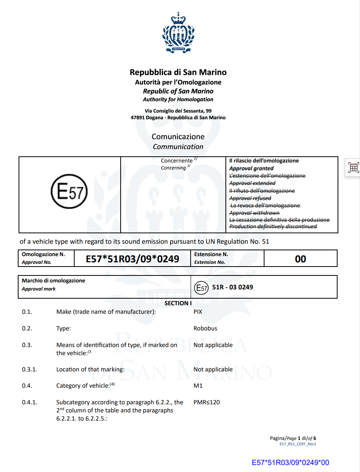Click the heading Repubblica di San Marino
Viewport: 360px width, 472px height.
[178, 72]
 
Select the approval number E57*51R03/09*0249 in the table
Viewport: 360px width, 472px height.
[132, 259]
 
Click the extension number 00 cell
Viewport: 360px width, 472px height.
[300, 259]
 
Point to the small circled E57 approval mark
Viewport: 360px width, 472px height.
[201, 288]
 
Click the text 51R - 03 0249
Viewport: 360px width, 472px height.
[232, 287]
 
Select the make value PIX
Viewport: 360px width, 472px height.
[198, 312]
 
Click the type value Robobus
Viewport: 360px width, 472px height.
[205, 328]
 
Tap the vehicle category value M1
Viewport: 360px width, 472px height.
[198, 386]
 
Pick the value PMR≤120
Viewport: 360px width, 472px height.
[206, 402]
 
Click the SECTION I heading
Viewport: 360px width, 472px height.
[178, 303]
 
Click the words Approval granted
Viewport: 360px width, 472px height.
[251, 168]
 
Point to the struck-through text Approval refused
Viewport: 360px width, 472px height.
[250, 198]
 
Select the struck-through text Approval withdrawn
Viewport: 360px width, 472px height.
[254, 213]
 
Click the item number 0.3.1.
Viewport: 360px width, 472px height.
[29, 369]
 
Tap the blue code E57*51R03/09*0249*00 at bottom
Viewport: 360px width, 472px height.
[290, 462]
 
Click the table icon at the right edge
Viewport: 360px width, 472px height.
[353, 168]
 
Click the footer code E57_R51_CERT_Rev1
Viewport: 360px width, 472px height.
[298, 444]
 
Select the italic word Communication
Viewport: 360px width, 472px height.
[178, 147]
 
